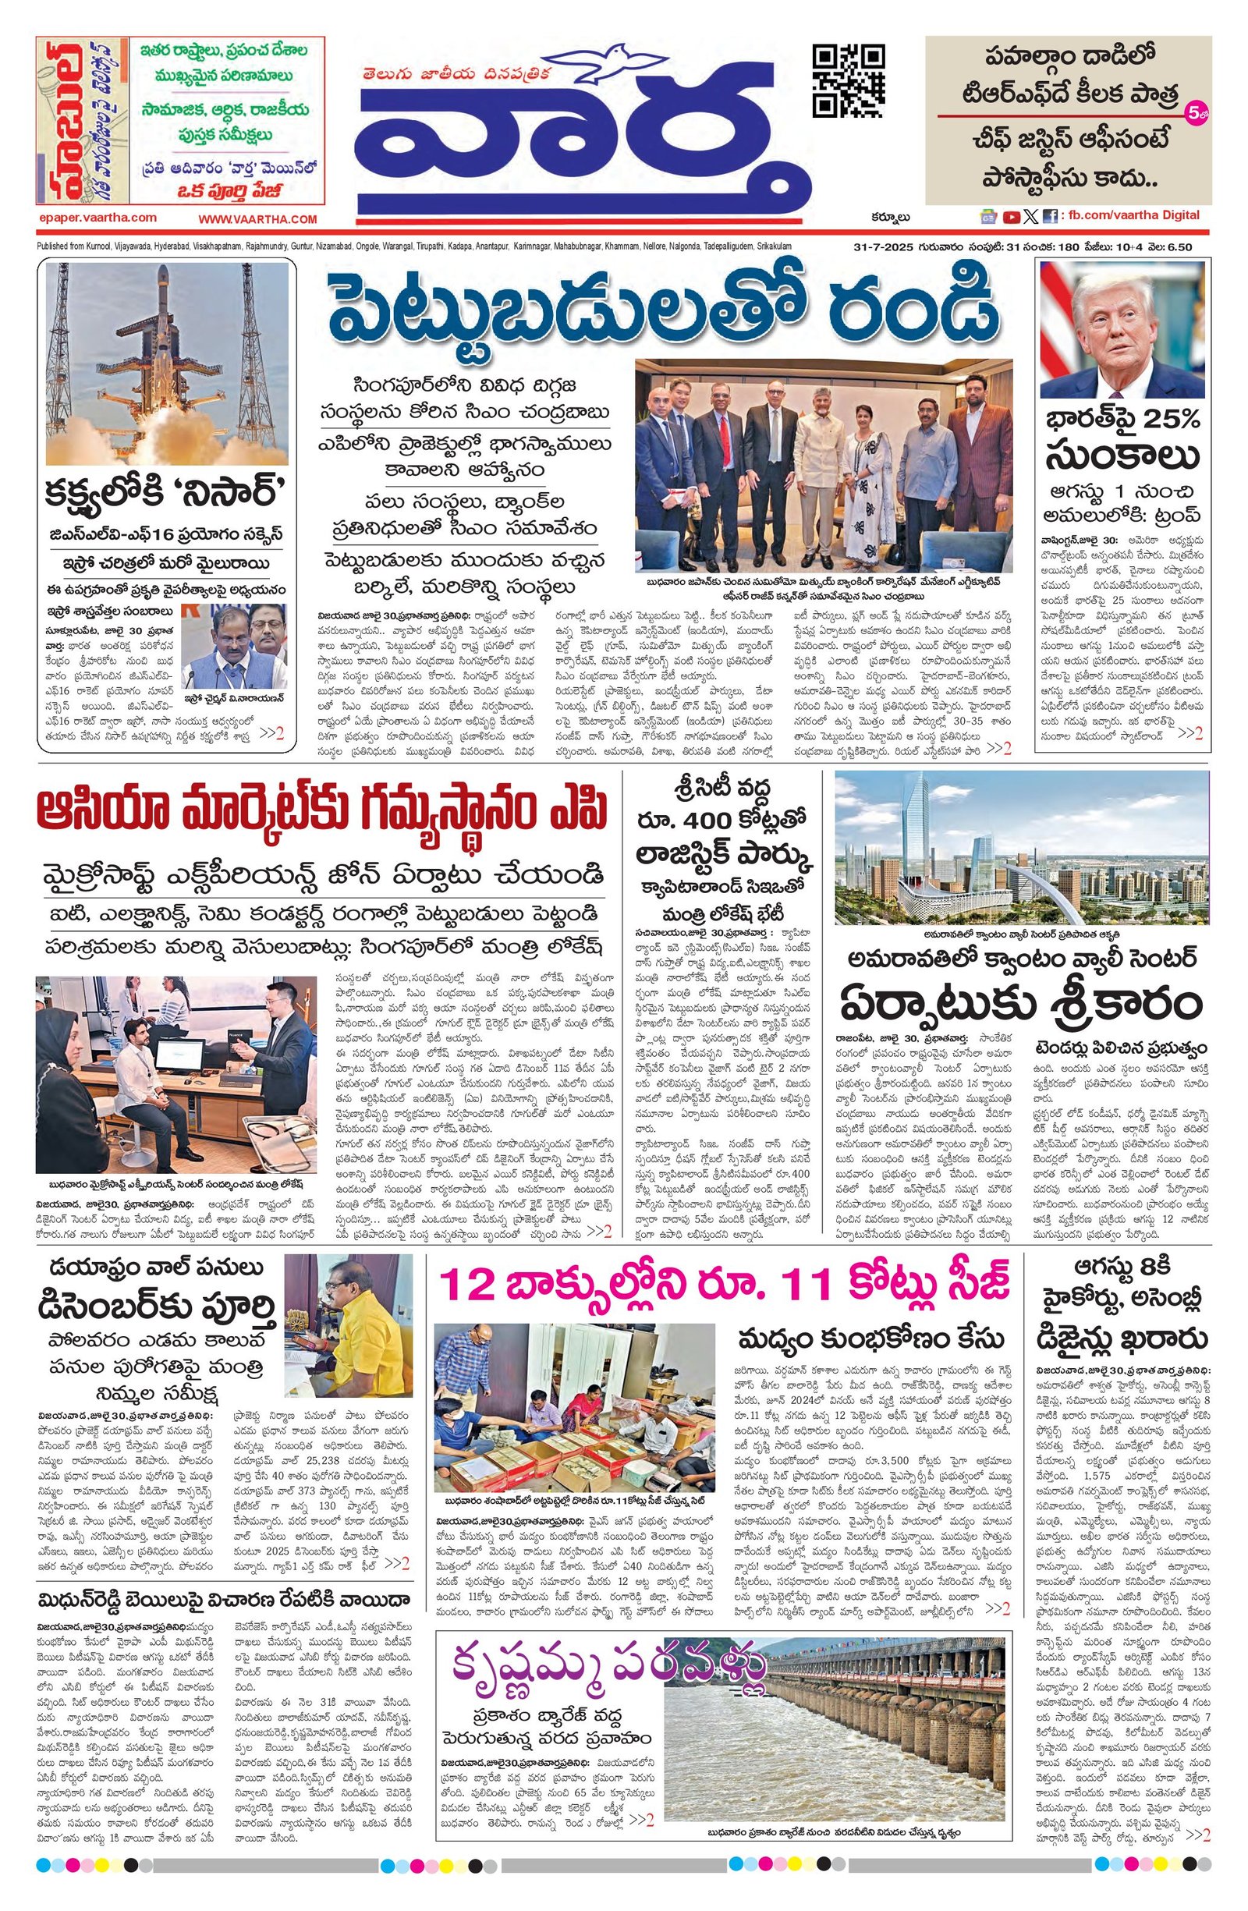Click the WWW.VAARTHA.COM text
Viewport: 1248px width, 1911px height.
258,219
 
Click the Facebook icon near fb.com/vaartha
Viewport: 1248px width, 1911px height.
1050,216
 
